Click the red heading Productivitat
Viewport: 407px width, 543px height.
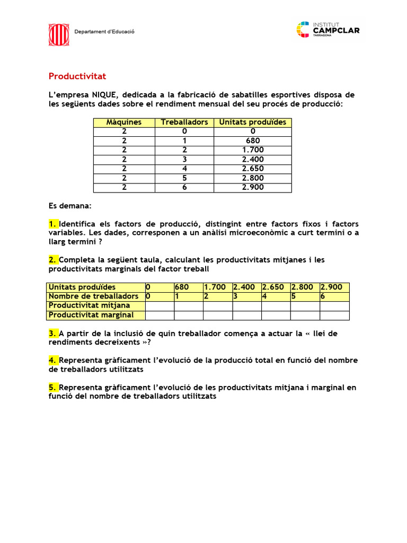(x=77, y=76)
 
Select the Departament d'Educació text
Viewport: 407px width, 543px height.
(x=104, y=32)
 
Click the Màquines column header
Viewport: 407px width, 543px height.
(x=124, y=122)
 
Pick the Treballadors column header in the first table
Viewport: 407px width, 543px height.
(x=184, y=122)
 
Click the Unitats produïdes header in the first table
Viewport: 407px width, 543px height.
(x=252, y=122)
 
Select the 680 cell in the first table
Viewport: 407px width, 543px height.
(x=252, y=141)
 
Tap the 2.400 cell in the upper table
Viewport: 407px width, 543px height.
(x=252, y=159)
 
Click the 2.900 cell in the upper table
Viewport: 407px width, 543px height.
(x=252, y=187)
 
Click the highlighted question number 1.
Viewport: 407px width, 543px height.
(x=53, y=223)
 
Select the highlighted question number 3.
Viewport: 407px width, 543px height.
(x=53, y=334)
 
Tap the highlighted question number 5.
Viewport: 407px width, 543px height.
(x=53, y=388)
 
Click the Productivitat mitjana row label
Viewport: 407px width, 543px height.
(x=89, y=305)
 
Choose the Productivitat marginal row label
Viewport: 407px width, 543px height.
(x=91, y=315)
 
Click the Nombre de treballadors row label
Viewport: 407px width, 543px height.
(x=93, y=296)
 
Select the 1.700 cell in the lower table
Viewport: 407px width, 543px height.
(x=217, y=287)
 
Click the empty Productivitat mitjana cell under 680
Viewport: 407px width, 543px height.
(x=188, y=306)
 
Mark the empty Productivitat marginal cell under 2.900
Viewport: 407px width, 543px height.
(x=334, y=316)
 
